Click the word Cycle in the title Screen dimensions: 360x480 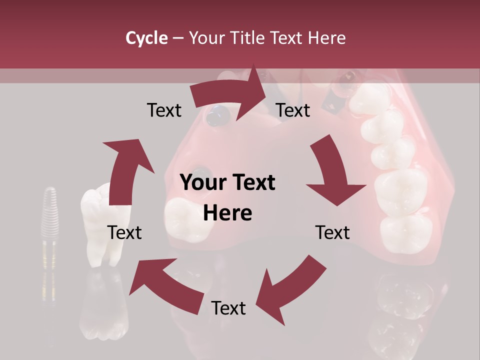click(x=146, y=38)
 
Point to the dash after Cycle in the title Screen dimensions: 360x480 click(x=177, y=38)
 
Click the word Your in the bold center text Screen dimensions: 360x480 click(x=202, y=183)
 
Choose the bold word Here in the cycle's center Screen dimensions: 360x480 click(x=227, y=213)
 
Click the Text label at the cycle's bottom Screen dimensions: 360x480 click(x=228, y=308)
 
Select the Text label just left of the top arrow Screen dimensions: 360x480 click(x=164, y=110)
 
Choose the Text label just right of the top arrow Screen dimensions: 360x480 click(x=293, y=110)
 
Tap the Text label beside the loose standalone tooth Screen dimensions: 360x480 click(x=124, y=232)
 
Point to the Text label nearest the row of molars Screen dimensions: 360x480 click(x=332, y=232)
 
